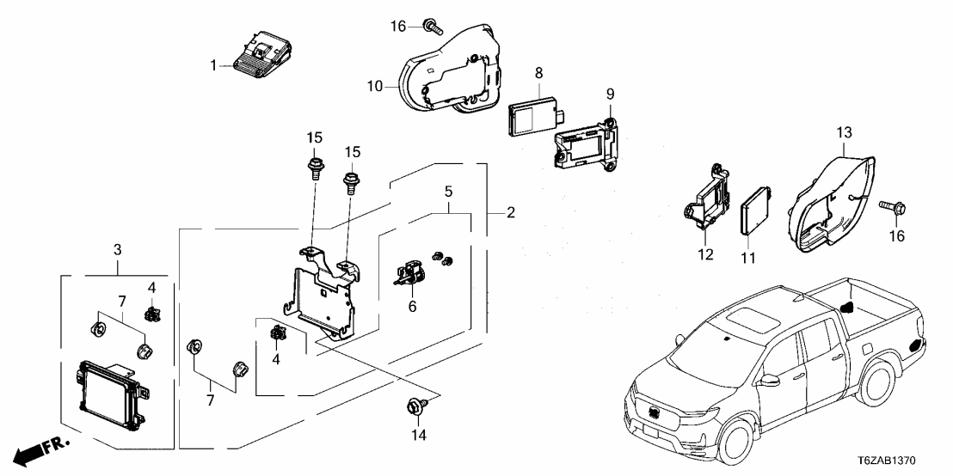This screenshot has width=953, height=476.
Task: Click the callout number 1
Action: pos(216,64)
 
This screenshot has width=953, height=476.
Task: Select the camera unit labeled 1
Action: pos(261,58)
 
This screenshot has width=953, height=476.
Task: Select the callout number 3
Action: pos(117,251)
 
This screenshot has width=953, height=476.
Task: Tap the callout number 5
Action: pos(448,191)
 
